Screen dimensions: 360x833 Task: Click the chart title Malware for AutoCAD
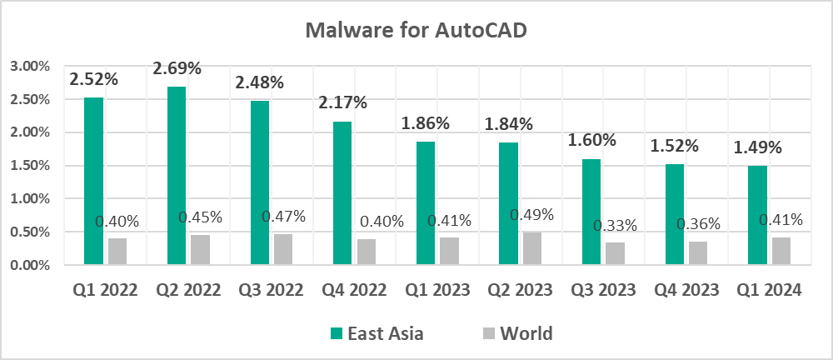coord(416,30)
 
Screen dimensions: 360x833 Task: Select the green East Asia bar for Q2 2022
coord(177,176)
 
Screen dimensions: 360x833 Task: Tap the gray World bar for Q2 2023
coord(532,249)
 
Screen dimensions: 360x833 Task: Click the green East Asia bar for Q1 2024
coord(758,215)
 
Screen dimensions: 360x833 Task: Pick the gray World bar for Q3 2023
coord(615,254)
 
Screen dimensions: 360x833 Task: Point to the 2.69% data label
coord(177,68)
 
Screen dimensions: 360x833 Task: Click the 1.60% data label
coord(591,140)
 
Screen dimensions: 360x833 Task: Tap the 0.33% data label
coord(615,225)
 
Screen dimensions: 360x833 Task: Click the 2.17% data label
coord(343,103)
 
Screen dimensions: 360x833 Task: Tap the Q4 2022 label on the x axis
coord(354,290)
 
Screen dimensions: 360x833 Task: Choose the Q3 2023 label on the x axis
coord(603,290)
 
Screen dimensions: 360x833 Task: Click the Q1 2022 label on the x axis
coord(105,290)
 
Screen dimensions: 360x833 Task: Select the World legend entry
coord(516,334)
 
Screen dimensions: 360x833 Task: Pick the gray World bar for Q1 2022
coord(117,252)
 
